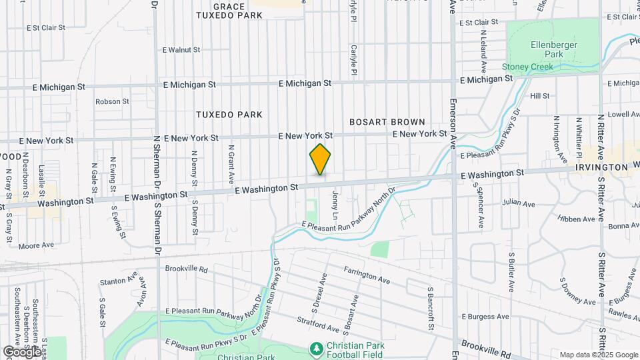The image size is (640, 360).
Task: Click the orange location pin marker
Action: (x=320, y=159)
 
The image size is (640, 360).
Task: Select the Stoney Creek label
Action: (x=528, y=67)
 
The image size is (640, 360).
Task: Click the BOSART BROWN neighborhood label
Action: (x=387, y=122)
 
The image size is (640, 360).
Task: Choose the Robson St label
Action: (x=112, y=101)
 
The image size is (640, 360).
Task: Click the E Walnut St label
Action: (x=181, y=49)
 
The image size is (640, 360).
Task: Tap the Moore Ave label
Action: (x=36, y=245)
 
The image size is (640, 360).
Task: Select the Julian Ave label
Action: (x=519, y=203)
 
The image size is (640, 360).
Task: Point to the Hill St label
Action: (x=539, y=96)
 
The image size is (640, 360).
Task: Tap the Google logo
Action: (x=21, y=351)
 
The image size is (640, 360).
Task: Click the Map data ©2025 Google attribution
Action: (x=599, y=355)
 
